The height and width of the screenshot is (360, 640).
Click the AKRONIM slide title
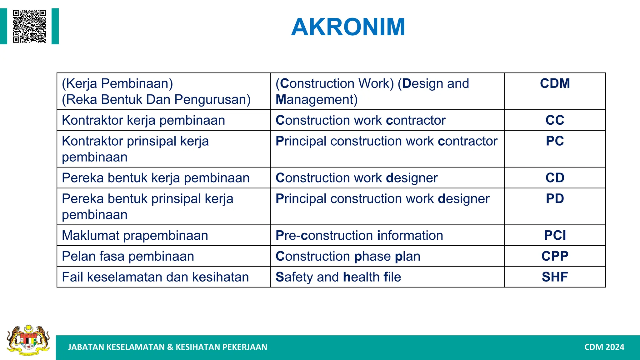pos(348,27)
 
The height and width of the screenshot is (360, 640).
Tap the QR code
pos(29,26)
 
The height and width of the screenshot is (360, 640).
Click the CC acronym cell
pos(555,120)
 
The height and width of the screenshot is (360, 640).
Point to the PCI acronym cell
pos(555,235)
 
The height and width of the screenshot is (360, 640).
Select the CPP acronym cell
pos(555,256)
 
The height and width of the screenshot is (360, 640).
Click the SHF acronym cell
pos(555,277)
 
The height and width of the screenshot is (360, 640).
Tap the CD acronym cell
pos(555,178)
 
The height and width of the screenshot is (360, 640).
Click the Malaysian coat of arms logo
pos(28,340)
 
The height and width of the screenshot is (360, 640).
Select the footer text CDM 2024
pos(604,347)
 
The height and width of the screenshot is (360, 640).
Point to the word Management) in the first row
pos(316,100)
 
